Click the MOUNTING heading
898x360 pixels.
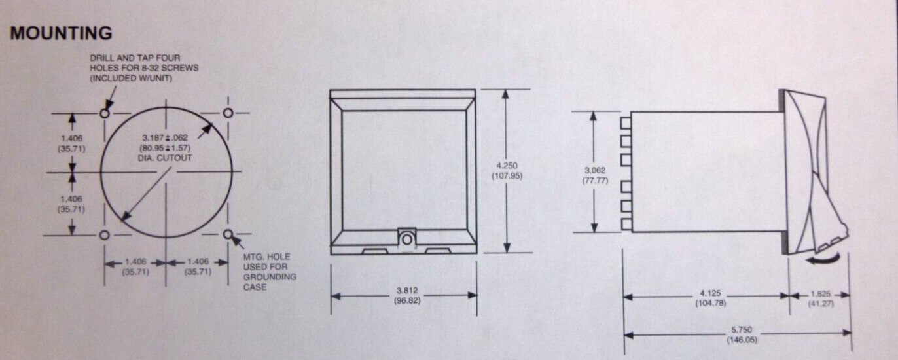click(61, 33)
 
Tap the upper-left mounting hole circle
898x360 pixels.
click(105, 113)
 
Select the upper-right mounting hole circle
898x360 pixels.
click(228, 113)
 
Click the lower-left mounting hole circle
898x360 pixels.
click(104, 236)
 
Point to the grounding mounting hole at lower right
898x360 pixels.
click(228, 234)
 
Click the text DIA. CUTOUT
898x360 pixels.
click(165, 158)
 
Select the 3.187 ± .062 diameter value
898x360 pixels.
click(165, 138)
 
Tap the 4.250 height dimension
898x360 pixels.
click(507, 165)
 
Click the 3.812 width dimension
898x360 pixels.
click(407, 290)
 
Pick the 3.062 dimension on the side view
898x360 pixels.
click(595, 170)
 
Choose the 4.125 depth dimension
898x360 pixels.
click(710, 293)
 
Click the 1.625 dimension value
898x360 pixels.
click(820, 294)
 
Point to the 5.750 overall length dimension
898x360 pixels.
click(742, 329)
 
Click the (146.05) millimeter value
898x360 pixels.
click(742, 340)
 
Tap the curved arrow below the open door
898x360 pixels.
click(822, 259)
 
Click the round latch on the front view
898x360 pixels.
click(407, 240)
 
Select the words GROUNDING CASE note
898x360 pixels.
click(270, 282)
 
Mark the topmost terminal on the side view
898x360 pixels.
click(626, 123)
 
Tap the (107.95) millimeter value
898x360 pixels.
click(507, 176)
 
